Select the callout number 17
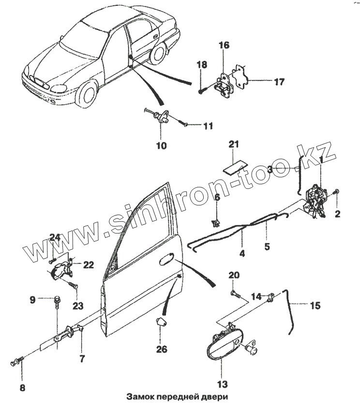coord(279,82)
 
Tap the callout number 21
coord(234,144)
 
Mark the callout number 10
coord(161,145)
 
